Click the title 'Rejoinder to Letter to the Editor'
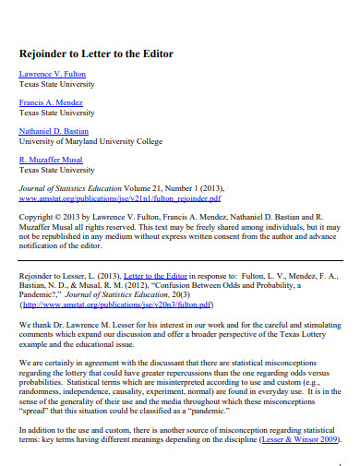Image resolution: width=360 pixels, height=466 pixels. tap(95, 54)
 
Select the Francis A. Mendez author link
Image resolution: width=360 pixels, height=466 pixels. tap(50, 102)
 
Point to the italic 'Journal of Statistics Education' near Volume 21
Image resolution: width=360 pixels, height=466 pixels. tap(72, 187)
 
